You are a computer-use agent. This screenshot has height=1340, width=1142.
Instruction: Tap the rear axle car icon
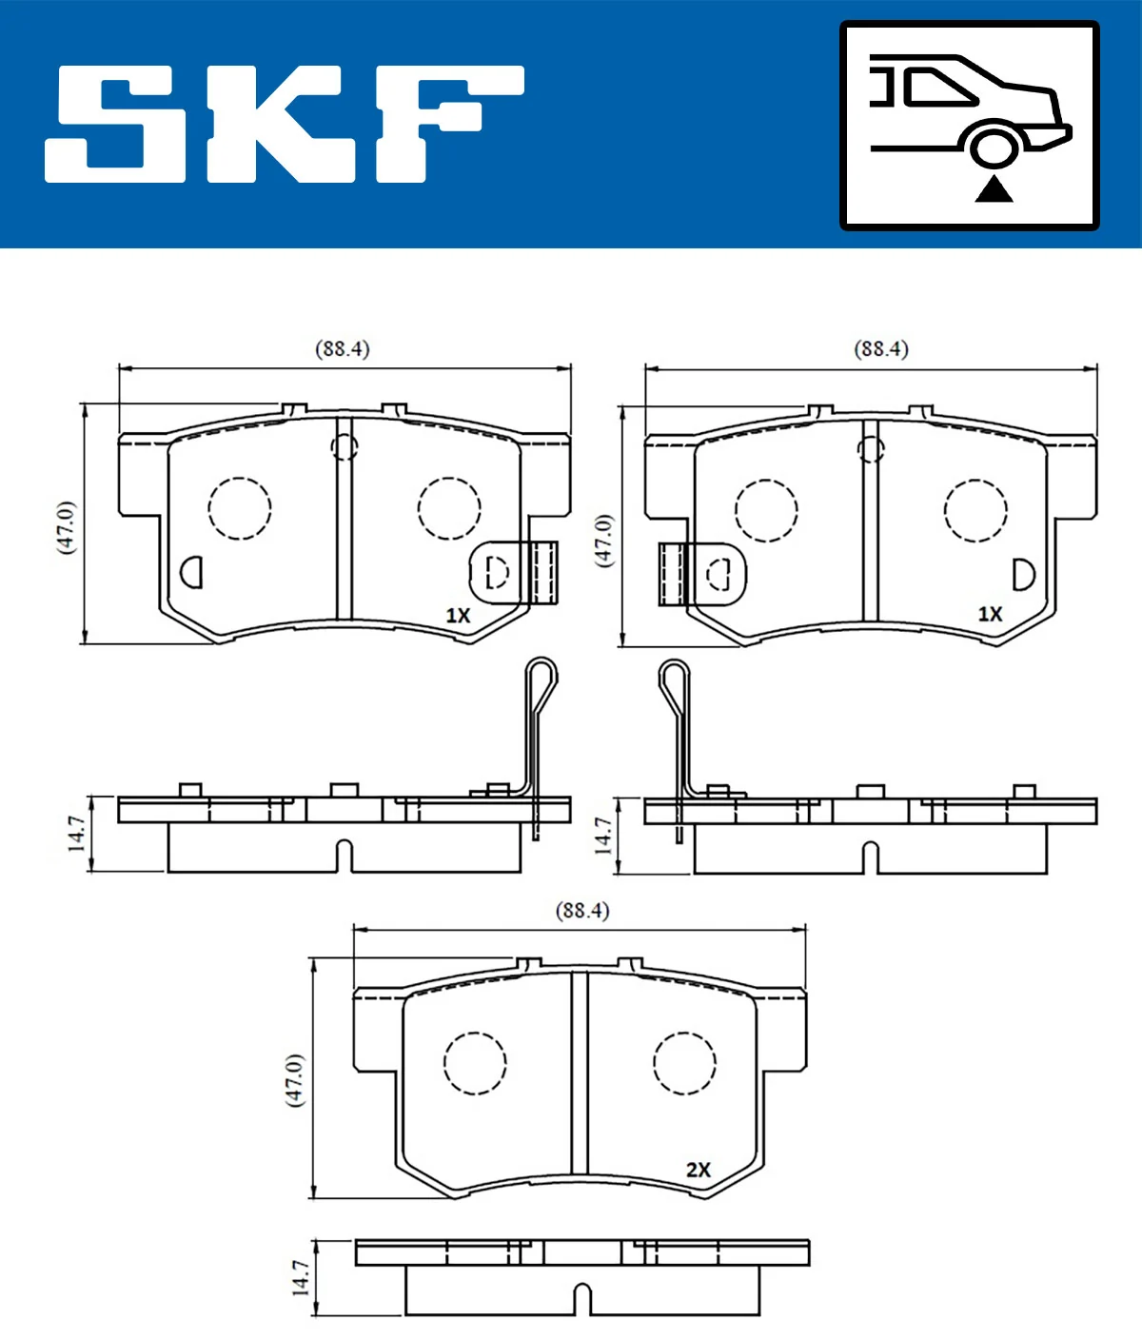coord(969,126)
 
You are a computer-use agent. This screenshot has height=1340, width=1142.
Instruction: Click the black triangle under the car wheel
coord(994,189)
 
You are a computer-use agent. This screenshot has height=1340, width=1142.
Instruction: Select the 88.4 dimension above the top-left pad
coord(343,349)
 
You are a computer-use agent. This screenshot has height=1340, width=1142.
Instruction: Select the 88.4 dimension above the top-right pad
coord(881,349)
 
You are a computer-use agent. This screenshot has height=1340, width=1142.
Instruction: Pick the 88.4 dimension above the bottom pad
coord(581,911)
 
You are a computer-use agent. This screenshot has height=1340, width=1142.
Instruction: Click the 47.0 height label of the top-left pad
coord(65,526)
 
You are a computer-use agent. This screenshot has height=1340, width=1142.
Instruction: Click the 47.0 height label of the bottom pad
coord(295,1079)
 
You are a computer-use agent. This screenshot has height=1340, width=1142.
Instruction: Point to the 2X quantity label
coord(699,1170)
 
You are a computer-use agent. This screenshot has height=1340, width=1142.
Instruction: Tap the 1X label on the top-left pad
coord(459,616)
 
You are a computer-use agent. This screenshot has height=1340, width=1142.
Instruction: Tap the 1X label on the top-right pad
coord(991,615)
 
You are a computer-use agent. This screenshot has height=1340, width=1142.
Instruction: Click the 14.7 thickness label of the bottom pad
coord(301,1278)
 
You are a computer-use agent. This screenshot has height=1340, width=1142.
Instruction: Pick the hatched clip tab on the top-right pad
coord(672,575)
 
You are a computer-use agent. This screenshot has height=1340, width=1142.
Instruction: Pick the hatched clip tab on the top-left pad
coord(543,573)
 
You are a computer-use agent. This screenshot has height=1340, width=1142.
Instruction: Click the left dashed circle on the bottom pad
coord(475,1063)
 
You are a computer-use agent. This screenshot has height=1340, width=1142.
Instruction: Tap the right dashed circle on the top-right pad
coord(975,510)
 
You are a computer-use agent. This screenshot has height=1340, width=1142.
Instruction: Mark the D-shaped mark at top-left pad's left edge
coord(192,572)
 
